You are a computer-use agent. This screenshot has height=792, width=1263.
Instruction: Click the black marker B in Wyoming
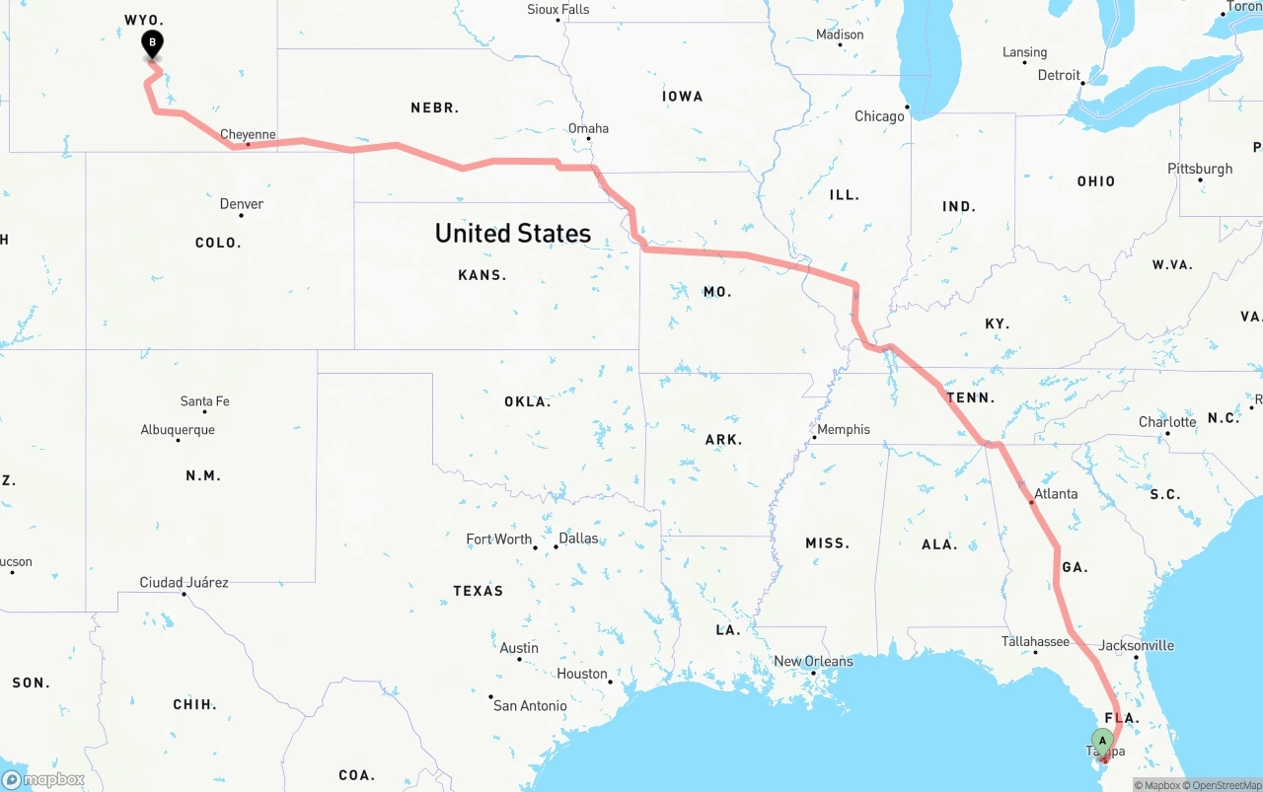tap(152, 43)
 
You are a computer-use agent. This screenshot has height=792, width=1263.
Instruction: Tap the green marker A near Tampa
tap(1102, 741)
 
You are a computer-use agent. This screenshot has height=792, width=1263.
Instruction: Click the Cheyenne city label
tap(248, 134)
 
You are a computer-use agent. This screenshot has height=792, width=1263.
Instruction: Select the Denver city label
tap(242, 203)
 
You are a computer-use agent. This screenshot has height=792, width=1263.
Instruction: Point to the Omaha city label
tap(588, 128)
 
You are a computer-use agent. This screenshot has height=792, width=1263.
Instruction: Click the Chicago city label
tap(879, 116)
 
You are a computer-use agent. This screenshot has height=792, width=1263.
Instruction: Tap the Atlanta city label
tap(1056, 493)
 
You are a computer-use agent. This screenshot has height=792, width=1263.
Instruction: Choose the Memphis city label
tap(844, 429)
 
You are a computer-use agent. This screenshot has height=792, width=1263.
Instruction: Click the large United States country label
tap(513, 233)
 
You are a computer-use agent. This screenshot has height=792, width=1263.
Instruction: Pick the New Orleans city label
tap(813, 661)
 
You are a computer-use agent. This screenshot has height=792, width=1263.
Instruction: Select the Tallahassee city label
tap(1035, 641)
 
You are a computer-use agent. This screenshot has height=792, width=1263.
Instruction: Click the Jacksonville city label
tap(1137, 645)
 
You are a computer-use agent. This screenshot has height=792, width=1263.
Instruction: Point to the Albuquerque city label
tap(178, 429)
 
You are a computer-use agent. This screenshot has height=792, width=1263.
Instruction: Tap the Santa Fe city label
tap(204, 401)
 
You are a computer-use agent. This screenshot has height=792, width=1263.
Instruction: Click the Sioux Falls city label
tap(557, 10)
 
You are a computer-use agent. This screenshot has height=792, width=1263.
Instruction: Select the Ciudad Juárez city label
tap(184, 582)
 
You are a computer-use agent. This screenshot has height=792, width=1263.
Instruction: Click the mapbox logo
tap(43, 779)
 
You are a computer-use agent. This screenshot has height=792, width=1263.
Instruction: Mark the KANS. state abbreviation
tap(483, 275)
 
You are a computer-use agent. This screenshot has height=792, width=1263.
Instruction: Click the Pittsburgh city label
tap(1200, 169)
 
